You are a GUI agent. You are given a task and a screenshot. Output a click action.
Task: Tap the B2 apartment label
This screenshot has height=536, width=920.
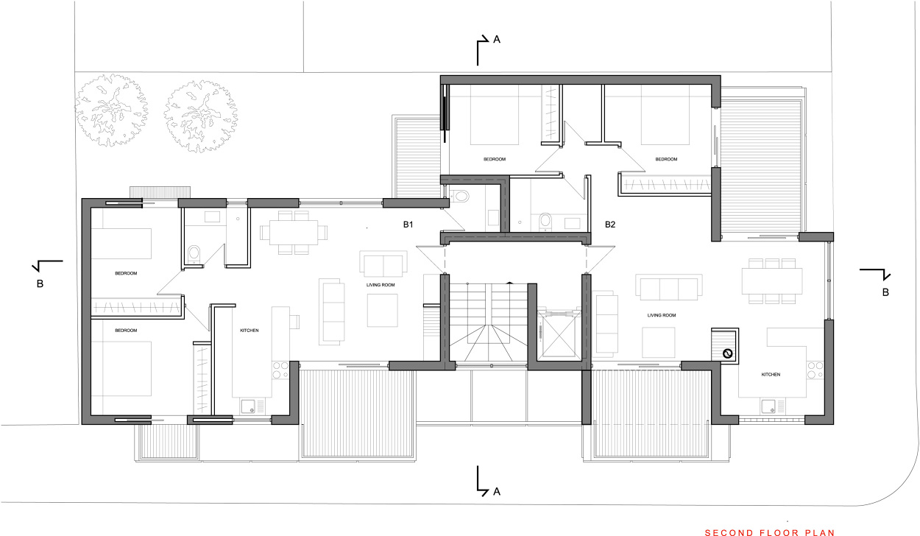tap(610, 224)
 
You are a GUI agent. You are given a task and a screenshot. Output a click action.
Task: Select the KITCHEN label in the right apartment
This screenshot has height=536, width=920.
tap(771, 375)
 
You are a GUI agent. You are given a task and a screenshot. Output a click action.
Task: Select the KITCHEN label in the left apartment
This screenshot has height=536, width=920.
tap(249, 331)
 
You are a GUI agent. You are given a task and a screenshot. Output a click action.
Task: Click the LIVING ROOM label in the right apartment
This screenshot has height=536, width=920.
tap(662, 315)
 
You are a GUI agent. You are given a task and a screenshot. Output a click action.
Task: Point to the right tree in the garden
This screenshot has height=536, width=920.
tap(200, 116)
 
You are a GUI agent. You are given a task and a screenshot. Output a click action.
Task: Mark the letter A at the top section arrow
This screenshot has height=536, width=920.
tap(497, 40)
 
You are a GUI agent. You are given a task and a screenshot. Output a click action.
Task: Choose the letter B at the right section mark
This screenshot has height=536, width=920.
tap(886, 292)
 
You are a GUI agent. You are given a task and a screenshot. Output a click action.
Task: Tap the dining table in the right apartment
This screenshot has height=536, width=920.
tap(771, 281)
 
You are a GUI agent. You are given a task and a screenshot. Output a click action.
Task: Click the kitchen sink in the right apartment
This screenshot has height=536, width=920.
tap(769, 405)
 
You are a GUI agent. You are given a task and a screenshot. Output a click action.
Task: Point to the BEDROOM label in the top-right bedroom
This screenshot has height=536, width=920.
tap(666, 159)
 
